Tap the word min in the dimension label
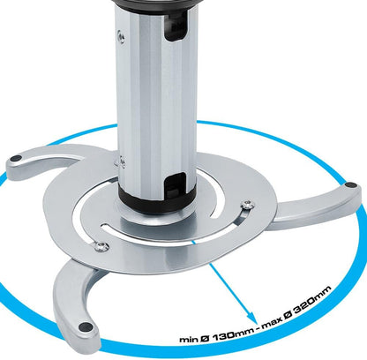click(x=189, y=339)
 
